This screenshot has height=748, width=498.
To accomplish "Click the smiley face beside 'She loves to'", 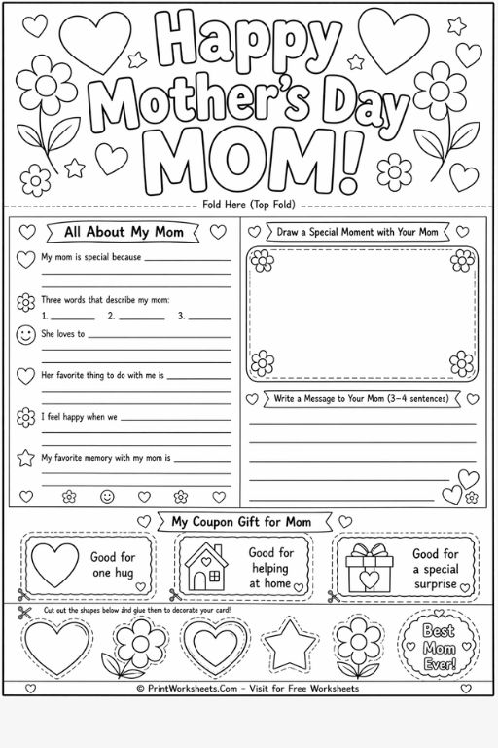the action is tap(26, 334).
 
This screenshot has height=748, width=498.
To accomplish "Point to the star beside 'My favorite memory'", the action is tap(26, 457).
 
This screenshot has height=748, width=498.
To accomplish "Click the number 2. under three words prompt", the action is tap(111, 316).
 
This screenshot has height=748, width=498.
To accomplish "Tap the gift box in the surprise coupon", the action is tap(370, 566).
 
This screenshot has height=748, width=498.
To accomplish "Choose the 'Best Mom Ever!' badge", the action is tap(438, 644).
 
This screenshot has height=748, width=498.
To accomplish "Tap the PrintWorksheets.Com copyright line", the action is tap(248, 689).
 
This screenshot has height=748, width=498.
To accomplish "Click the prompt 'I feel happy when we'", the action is tap(79, 417).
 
